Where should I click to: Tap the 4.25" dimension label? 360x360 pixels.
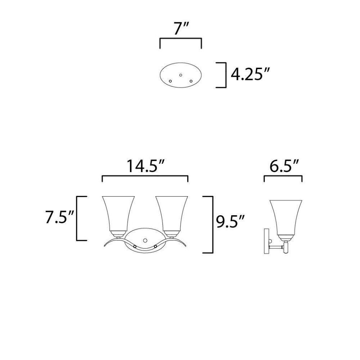coord(250,74)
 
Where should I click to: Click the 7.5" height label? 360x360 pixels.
coord(59,217)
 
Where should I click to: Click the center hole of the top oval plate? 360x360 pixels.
coord(181,75)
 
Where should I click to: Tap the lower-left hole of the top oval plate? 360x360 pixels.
coord(170,81)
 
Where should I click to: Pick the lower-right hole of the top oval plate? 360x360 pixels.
coord(191,81)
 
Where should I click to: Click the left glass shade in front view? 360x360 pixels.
coord(118,213)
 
